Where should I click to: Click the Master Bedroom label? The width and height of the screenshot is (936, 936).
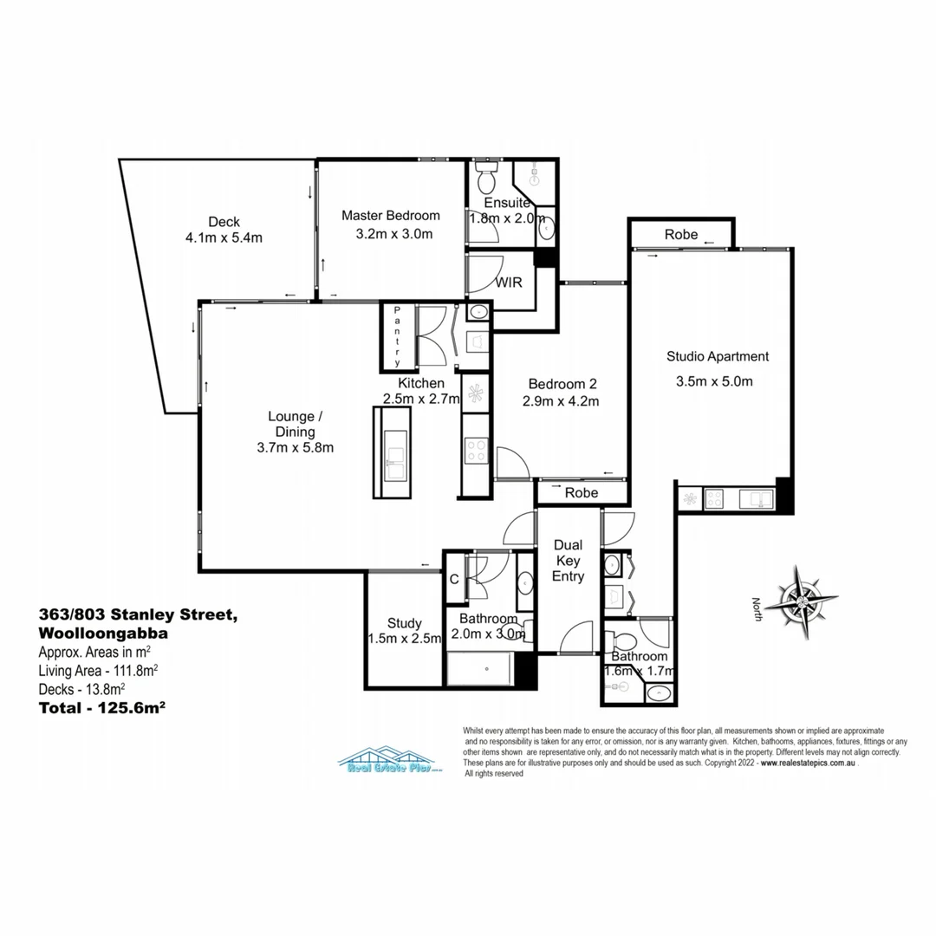click(x=390, y=216)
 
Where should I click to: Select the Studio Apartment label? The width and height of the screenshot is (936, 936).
click(x=717, y=356)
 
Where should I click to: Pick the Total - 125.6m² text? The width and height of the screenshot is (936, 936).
click(x=102, y=706)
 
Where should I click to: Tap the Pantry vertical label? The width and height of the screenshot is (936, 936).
click(x=398, y=336)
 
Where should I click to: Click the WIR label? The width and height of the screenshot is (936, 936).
click(x=508, y=283)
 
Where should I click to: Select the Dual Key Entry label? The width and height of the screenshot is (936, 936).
click(x=569, y=560)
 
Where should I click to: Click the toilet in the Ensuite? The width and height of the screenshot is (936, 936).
click(x=486, y=180)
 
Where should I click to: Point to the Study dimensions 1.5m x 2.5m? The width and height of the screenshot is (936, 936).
click(x=405, y=639)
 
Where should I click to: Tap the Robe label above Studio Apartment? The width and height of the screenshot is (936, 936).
click(x=682, y=235)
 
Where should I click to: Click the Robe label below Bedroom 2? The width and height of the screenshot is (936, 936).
click(x=582, y=492)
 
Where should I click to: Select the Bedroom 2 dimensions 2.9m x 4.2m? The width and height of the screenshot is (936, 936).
click(x=562, y=400)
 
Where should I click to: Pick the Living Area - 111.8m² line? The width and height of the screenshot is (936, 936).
click(x=98, y=670)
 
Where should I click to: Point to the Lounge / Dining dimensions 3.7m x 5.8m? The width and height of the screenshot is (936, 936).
click(x=296, y=447)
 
